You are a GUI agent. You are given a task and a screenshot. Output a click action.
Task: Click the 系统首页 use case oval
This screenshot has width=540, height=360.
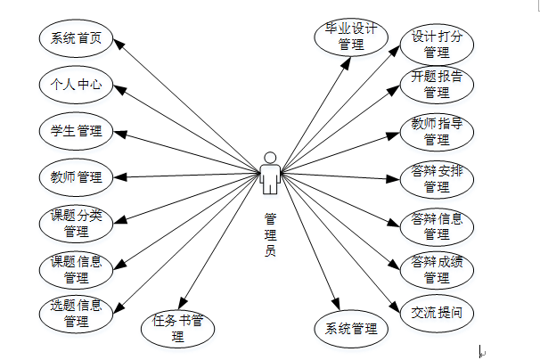[x=77, y=38]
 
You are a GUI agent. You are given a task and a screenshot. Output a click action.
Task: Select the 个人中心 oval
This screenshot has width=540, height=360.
[x=77, y=86]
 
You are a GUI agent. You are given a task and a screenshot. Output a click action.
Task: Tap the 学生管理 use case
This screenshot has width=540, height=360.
[x=77, y=132]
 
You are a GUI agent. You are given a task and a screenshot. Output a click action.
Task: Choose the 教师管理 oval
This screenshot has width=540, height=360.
[x=77, y=176]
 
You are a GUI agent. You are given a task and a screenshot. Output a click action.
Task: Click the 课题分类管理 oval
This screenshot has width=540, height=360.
[x=77, y=224]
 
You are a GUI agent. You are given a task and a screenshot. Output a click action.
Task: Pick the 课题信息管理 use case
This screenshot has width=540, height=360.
[x=77, y=269]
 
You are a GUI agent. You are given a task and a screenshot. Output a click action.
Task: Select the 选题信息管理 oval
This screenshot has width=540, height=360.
[x=77, y=314]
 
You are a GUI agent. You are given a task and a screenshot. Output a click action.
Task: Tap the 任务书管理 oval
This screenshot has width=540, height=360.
[x=177, y=327]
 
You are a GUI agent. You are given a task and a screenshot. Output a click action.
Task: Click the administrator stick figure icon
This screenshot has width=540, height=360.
[x=271, y=172]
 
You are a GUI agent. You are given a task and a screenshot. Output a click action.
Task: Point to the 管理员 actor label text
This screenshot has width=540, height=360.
[x=271, y=233]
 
